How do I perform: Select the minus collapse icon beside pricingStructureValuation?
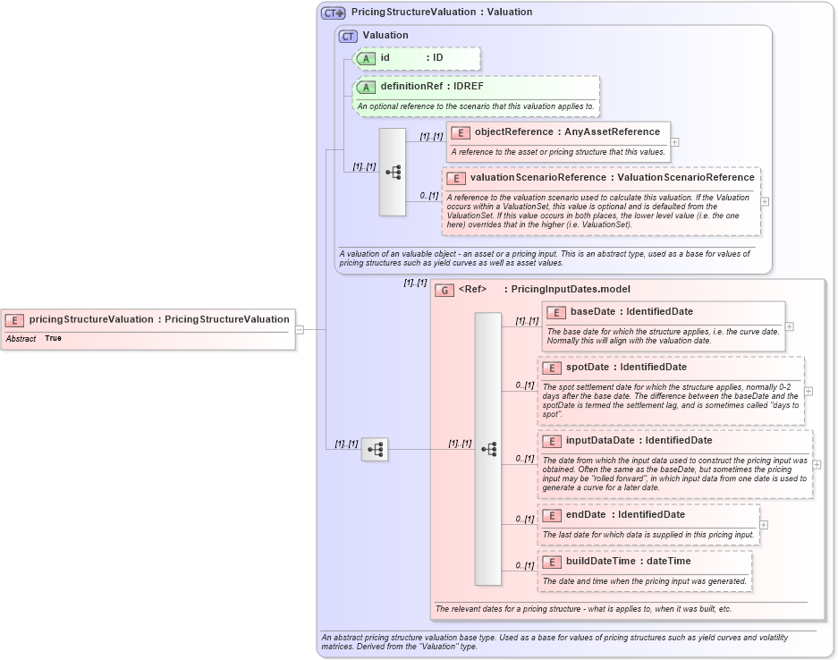[300, 329]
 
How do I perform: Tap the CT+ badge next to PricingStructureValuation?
[334, 13]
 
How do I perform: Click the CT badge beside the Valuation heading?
[348, 36]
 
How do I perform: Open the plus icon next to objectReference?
[674, 141]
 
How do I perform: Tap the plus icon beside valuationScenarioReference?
[765, 202]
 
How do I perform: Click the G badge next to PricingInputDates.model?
[444, 290]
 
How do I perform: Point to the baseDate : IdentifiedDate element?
[631, 312]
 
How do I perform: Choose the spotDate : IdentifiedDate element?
[626, 368]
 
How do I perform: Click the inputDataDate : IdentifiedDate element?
[639, 440]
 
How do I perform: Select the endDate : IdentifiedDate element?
[625, 515]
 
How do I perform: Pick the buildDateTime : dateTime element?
[628, 561]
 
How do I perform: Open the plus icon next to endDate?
[763, 525]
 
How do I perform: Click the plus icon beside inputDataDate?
[817, 465]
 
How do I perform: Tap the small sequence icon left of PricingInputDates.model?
[375, 449]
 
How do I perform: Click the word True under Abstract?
[53, 339]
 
